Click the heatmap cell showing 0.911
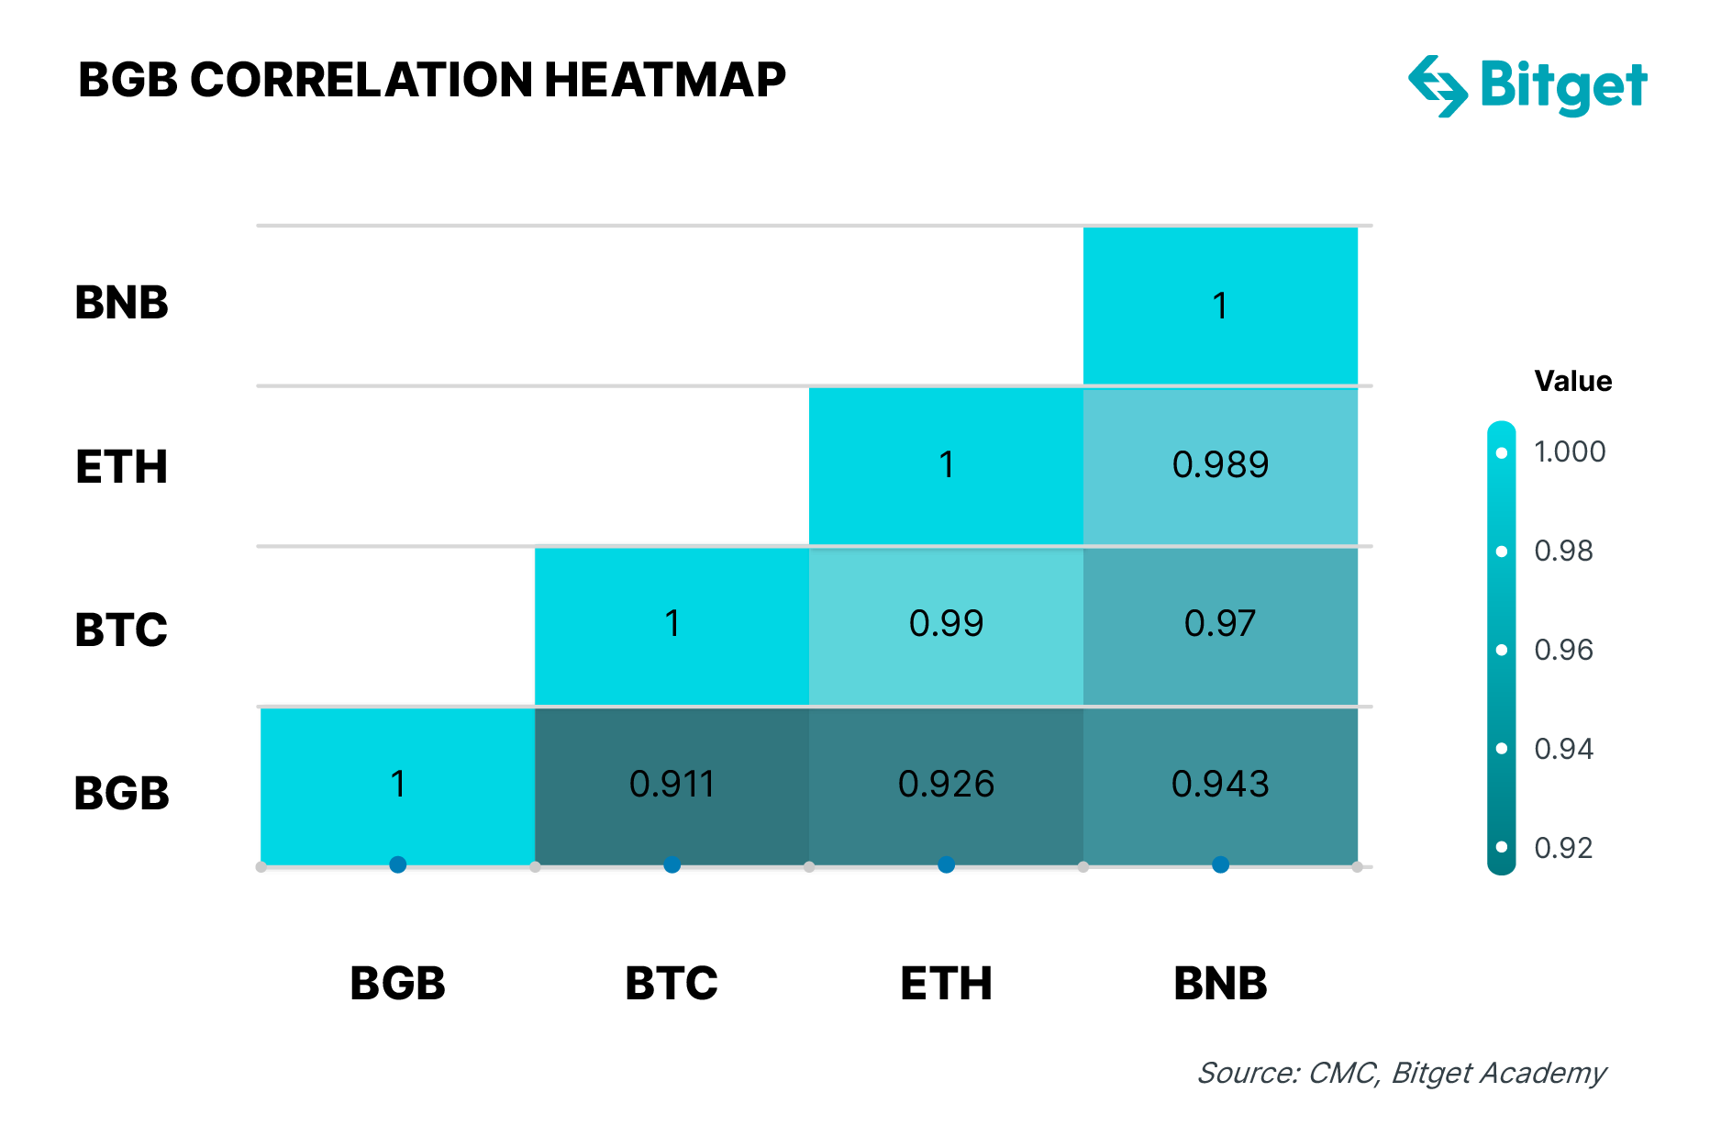tap(672, 786)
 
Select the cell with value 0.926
tap(946, 786)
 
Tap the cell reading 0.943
tap(1220, 786)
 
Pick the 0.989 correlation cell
tap(1220, 466)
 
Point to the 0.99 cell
tap(946, 626)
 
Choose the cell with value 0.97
tap(1220, 626)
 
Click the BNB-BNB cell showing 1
tap(1220, 306)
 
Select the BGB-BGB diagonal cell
tap(397, 786)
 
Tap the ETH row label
tap(121, 467)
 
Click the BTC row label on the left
tap(121, 630)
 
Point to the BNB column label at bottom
tap(1220, 984)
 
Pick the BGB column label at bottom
tap(397, 984)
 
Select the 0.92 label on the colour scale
tap(1563, 848)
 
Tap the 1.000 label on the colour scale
tap(1570, 451)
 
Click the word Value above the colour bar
tap(1572, 381)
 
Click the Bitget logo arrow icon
tap(1438, 86)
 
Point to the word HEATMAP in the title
tap(665, 80)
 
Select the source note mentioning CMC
tap(1402, 1073)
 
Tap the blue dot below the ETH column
tap(946, 864)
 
